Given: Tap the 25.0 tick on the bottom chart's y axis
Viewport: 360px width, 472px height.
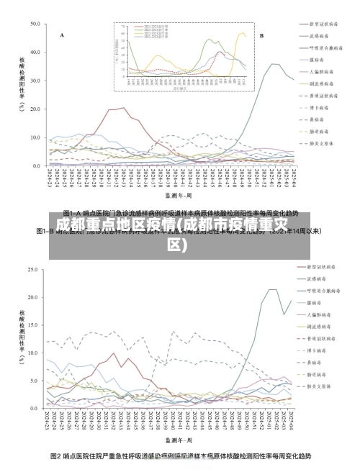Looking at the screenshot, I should click(x=34, y=270).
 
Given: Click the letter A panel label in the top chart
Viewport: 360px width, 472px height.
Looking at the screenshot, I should click(x=62, y=35).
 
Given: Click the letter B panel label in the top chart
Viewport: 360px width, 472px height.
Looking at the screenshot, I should click(x=261, y=35).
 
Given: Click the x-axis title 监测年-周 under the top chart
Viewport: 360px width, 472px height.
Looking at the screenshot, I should click(x=179, y=195).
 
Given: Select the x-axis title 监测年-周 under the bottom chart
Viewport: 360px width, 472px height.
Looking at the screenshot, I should click(x=179, y=438).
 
